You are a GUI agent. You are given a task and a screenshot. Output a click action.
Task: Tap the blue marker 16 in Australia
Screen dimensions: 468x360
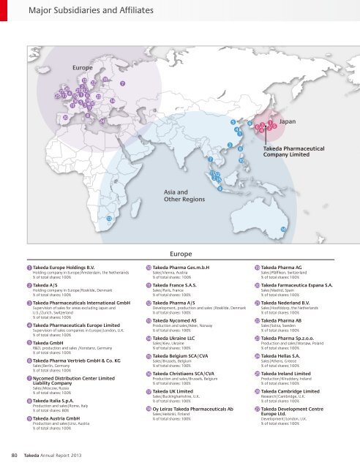pyautogui.click(x=283, y=229)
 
